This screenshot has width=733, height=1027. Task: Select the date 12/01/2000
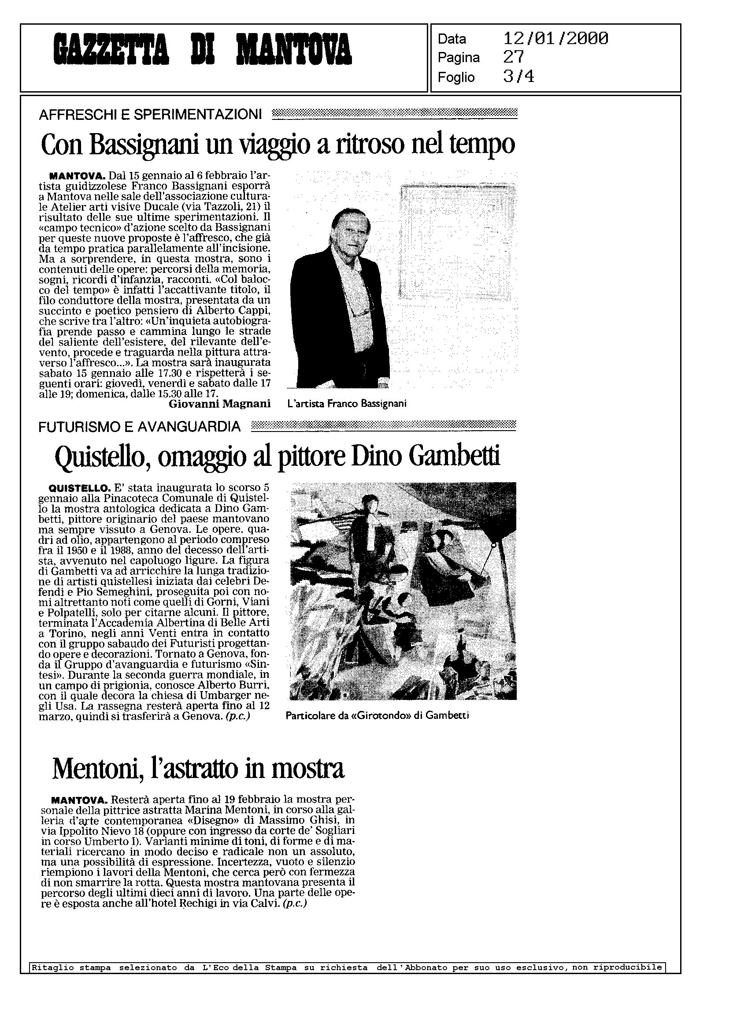(x=555, y=39)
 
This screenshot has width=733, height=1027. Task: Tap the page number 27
(x=514, y=57)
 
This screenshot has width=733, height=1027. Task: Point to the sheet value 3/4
(x=518, y=77)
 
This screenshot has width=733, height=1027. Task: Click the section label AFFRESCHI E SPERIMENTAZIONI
(x=150, y=115)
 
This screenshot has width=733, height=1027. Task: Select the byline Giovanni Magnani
(x=219, y=404)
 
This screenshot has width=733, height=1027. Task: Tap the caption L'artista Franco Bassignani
(x=347, y=404)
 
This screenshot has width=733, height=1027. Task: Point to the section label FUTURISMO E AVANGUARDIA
(x=140, y=426)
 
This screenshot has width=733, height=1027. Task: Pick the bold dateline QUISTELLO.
(x=79, y=488)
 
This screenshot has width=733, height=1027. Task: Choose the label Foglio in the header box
(x=456, y=77)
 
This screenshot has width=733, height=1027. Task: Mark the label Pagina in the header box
(x=459, y=58)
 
